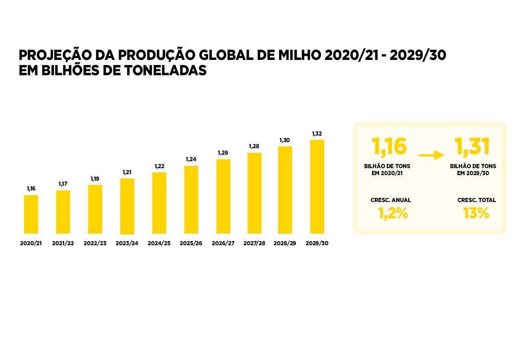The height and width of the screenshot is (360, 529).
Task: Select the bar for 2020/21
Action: click(x=31, y=214)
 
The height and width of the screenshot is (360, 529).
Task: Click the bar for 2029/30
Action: click(x=317, y=187)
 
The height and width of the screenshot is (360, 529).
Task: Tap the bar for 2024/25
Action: click(x=159, y=203)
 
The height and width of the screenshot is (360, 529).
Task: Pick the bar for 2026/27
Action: click(x=223, y=196)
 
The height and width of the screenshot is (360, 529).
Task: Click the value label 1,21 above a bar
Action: click(x=127, y=172)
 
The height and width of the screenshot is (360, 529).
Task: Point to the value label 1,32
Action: click(x=317, y=134)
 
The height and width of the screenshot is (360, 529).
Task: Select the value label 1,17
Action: click(x=63, y=184)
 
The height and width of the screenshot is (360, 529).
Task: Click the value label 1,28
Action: click(x=254, y=146)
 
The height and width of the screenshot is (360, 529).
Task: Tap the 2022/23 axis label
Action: click(x=95, y=243)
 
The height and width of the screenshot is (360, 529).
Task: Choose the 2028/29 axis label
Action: click(x=285, y=243)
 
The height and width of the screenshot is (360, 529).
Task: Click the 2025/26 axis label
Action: click(x=191, y=243)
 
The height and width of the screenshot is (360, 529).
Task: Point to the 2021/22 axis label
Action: click(x=63, y=243)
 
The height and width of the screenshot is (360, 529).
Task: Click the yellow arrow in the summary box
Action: click(x=431, y=155)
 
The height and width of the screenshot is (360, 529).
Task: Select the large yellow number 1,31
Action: click(x=472, y=146)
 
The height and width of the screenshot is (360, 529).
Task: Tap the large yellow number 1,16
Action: click(x=390, y=146)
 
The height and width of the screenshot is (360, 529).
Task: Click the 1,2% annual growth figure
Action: click(x=392, y=214)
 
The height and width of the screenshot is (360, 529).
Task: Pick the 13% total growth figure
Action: click(x=476, y=214)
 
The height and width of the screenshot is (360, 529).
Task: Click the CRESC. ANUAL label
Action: click(x=391, y=200)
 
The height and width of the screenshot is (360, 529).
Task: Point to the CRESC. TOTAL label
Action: click(x=477, y=200)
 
